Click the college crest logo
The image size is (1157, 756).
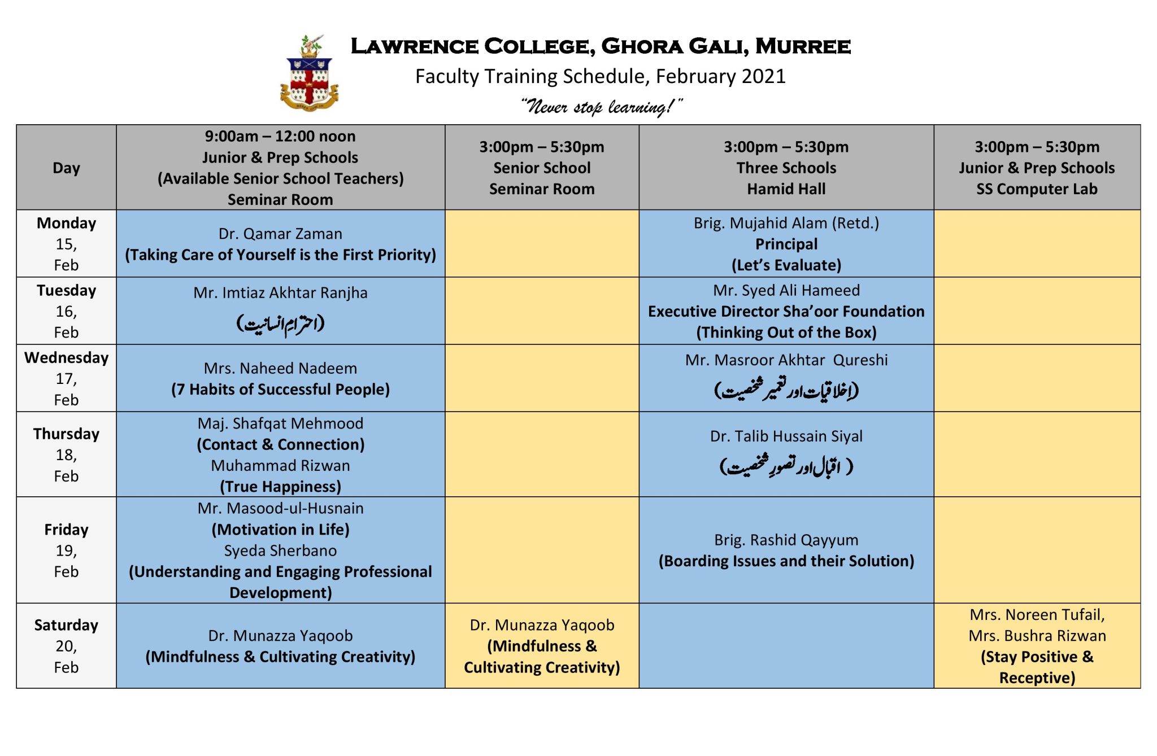pos(309,73)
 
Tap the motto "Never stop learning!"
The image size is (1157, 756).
pos(601,106)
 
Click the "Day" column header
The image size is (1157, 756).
pos(66,168)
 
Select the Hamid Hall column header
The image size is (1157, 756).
pos(786,168)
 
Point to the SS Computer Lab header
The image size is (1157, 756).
pos(1037,168)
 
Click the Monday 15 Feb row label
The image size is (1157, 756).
pos(66,244)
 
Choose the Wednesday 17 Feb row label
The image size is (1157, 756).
pos(66,378)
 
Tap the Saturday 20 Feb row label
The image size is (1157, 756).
pos(66,646)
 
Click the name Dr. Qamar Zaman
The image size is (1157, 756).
pos(280,234)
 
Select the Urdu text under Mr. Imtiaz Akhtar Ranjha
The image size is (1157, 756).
pos(280,324)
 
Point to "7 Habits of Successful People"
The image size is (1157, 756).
pos(280,390)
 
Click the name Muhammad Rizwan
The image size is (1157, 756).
pos(280,466)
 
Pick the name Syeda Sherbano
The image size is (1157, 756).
pos(280,550)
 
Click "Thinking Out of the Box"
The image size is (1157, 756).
pos(786,333)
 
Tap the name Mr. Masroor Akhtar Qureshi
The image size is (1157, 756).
pos(786,360)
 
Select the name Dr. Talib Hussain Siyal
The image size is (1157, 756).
pos(786,436)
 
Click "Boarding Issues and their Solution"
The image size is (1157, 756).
pos(786,561)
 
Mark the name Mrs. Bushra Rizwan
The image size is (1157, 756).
pos(1037,636)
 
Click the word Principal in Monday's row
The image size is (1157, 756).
pos(786,244)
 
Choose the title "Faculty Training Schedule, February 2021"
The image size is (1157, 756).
pos(600,76)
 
